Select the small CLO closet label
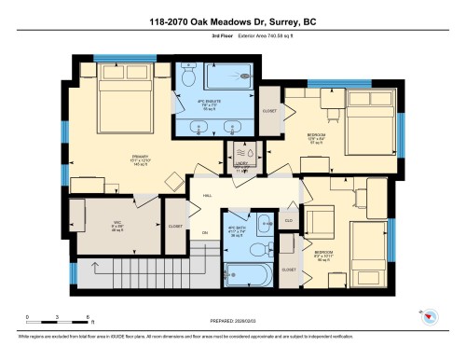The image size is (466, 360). click(288, 221)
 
